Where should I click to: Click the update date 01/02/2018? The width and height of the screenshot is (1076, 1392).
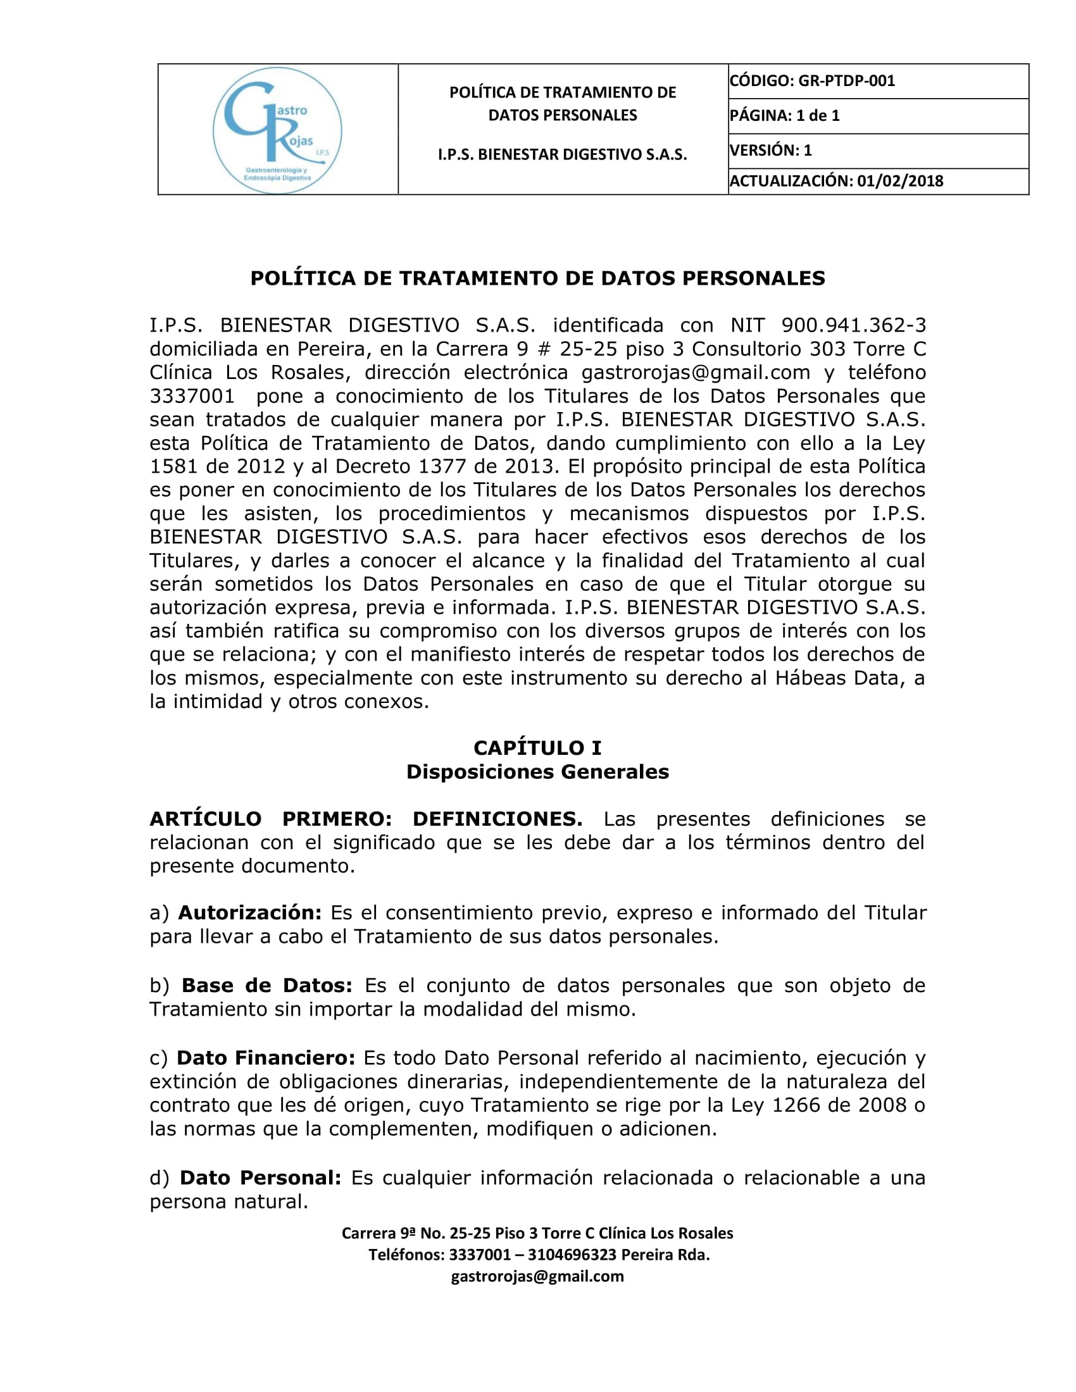900,181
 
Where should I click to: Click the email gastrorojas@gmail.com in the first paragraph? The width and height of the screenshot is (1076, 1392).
696,372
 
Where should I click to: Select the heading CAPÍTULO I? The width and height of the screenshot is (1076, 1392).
537,748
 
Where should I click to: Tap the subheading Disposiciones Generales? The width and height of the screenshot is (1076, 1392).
537,772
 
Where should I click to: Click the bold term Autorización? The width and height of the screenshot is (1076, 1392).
250,912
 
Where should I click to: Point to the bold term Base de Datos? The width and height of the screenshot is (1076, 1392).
267,985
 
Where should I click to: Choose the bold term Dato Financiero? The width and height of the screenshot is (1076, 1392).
266,1058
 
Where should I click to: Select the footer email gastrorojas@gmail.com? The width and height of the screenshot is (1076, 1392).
537,1277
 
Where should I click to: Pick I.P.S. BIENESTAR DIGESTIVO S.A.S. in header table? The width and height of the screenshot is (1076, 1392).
562,154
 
